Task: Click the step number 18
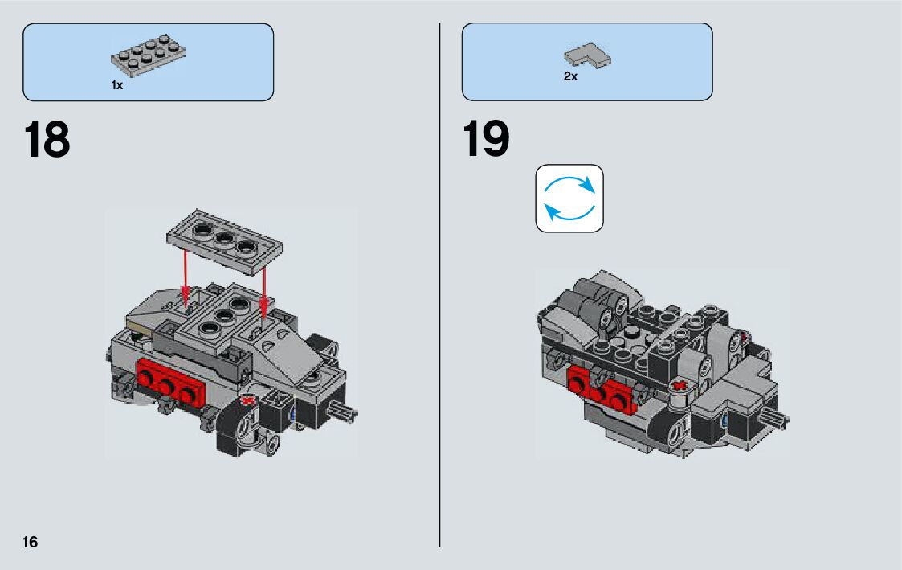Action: [x=47, y=139]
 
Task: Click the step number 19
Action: [x=486, y=139]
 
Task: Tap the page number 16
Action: [x=30, y=542]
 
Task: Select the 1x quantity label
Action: [x=117, y=85]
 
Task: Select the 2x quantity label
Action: [x=570, y=76]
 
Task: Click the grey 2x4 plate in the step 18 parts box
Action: [x=148, y=55]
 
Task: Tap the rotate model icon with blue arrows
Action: [x=569, y=199]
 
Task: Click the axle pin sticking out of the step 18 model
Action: [x=344, y=412]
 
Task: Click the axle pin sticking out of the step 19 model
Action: [x=775, y=419]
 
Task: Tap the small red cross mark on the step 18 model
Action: [x=248, y=400]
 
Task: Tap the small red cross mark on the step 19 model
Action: [x=680, y=385]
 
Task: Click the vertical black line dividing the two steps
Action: [x=439, y=285]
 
